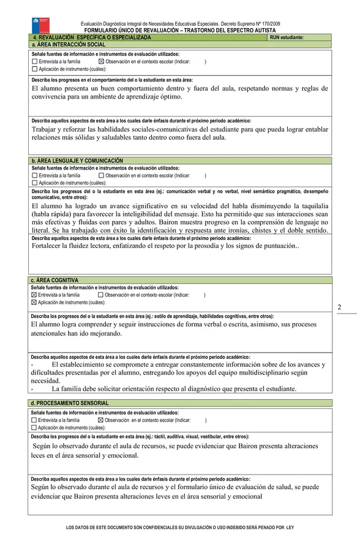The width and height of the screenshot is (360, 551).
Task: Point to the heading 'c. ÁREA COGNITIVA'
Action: point(56,280)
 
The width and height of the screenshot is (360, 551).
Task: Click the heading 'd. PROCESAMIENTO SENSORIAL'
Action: point(70,403)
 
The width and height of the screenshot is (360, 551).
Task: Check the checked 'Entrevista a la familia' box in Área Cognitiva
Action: point(34,294)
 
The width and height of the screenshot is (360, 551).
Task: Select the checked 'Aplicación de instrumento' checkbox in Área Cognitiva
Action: point(34,302)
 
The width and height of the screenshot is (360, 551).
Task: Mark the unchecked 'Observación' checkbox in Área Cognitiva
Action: point(101,294)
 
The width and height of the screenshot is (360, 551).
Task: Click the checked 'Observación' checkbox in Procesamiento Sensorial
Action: point(101,420)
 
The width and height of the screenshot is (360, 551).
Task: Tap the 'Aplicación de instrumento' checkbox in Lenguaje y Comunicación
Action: point(34,182)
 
